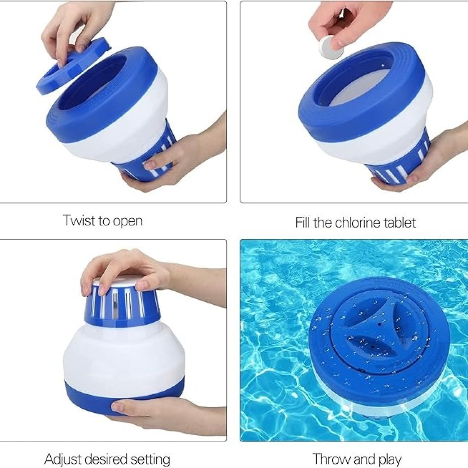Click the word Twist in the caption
point(79,221)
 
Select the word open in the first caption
point(128,222)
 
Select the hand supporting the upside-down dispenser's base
point(164,413)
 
